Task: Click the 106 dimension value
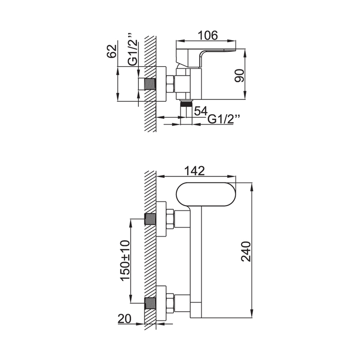[x=208, y=35]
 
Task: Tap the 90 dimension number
[x=240, y=76]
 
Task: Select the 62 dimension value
[x=112, y=51]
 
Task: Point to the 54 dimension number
[x=201, y=111]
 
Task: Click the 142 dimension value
[x=194, y=171]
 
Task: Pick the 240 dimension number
[x=246, y=251]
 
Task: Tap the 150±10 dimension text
[x=125, y=261]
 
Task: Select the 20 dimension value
[x=124, y=319]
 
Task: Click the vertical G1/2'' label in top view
[x=133, y=49]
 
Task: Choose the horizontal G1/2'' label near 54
[x=224, y=119]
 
